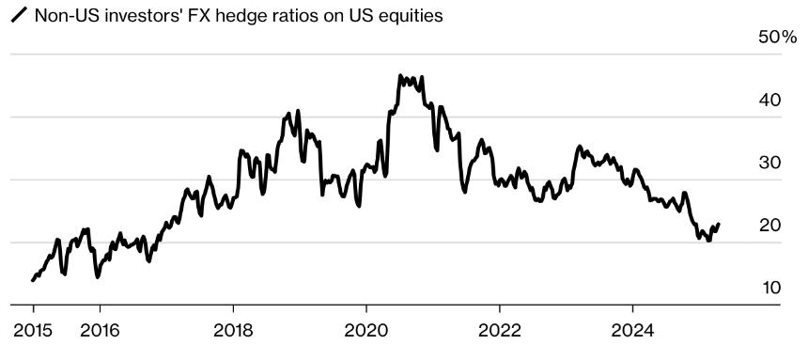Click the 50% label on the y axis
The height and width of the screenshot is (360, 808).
click(x=776, y=38)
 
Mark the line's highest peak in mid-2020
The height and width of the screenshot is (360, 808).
click(x=400, y=75)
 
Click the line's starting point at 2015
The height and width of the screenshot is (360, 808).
click(x=33, y=280)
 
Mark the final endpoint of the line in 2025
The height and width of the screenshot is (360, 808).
click(x=719, y=225)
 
